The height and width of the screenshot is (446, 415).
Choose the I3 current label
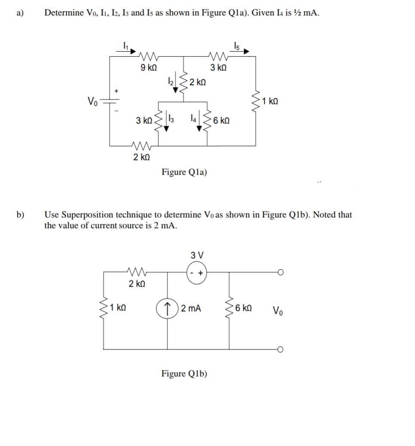click(x=171, y=117)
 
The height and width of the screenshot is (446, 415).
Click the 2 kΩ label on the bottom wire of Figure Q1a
click(x=141, y=157)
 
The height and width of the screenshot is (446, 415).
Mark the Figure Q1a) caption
click(x=184, y=172)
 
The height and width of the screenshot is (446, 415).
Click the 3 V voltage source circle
click(x=196, y=272)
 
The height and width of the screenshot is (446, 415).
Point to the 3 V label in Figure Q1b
click(x=196, y=254)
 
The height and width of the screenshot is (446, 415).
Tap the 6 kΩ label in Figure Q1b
click(x=245, y=309)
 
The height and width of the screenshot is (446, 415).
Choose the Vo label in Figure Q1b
click(x=279, y=310)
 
